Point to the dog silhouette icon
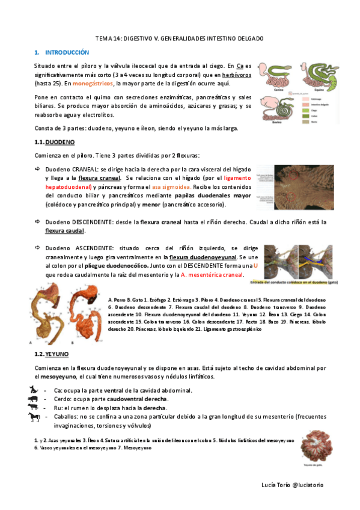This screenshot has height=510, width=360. [x=32, y=390]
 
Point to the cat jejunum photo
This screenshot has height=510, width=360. [x=314, y=445]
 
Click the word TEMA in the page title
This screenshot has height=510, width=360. [x=108, y=38]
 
